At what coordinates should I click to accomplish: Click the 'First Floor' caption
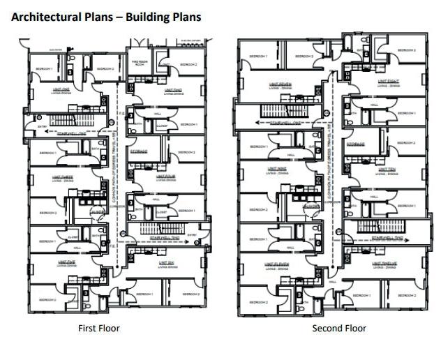[x=98, y=328]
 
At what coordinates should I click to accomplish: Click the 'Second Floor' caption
[x=338, y=328]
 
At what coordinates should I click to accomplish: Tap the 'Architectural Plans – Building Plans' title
[x=107, y=16]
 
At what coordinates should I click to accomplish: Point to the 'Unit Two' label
[x=173, y=89]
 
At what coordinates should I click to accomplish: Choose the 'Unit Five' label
[x=67, y=263]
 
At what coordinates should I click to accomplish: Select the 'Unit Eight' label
[x=388, y=81]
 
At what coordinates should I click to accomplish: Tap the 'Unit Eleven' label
[x=277, y=264]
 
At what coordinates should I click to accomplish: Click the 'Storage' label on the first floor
[x=137, y=150]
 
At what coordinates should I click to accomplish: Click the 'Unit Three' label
[x=63, y=177]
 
